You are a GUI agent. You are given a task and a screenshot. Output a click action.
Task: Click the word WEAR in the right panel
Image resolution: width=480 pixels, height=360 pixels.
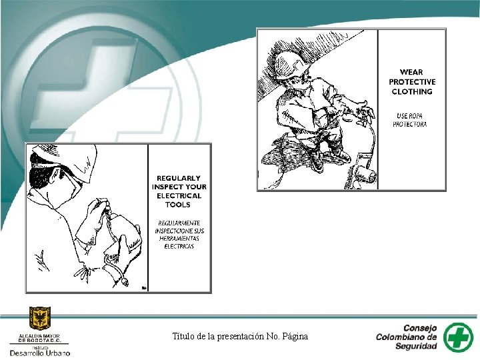(x=411, y=72)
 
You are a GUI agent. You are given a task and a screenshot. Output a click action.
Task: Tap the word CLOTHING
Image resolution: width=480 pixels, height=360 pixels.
(x=412, y=91)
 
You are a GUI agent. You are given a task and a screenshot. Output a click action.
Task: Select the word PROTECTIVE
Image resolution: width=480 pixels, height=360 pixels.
(x=412, y=82)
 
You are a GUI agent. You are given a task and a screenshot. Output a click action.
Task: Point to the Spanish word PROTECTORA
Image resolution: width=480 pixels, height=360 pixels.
(x=409, y=124)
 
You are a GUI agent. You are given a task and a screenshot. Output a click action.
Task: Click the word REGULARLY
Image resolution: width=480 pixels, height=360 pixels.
(x=179, y=178)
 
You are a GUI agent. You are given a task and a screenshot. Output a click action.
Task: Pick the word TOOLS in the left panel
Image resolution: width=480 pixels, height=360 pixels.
(x=178, y=205)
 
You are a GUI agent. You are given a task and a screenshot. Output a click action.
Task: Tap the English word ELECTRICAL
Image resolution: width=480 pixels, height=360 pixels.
(x=179, y=196)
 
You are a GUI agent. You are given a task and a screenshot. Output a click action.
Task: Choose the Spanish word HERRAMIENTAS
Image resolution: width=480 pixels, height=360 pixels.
(x=179, y=239)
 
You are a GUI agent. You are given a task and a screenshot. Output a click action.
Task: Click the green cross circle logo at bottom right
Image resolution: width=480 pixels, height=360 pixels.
(x=458, y=337)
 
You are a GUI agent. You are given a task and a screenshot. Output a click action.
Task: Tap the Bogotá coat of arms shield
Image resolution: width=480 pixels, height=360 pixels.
(x=40, y=319)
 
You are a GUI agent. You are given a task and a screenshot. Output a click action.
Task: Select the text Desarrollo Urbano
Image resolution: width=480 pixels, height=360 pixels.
(x=40, y=353)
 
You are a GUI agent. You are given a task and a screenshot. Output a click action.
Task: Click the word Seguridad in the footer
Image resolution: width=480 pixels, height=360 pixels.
(x=416, y=346)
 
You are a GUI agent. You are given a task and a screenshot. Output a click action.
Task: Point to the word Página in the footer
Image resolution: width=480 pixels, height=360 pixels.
(x=295, y=337)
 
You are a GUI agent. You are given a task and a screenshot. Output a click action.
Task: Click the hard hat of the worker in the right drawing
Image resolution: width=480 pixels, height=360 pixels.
(x=288, y=65)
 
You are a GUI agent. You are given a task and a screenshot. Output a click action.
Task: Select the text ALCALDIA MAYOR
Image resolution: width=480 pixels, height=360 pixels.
(x=39, y=336)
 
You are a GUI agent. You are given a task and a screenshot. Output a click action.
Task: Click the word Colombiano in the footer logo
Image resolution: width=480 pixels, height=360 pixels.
(x=406, y=337)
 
